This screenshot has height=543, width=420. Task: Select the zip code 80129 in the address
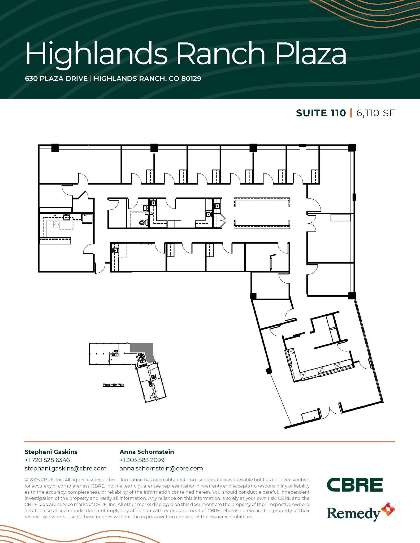[x=191, y=78]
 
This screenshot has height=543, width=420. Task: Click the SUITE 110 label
[x=321, y=113]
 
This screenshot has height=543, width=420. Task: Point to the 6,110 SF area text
[x=375, y=113]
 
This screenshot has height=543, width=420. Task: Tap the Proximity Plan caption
[x=114, y=385]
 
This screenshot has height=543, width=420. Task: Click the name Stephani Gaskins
[x=51, y=452]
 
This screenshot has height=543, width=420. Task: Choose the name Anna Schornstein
[x=147, y=452]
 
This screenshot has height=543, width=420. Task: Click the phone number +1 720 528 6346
[x=47, y=460]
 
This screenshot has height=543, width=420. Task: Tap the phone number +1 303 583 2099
[x=142, y=460]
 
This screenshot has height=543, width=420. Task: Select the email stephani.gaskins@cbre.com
[x=66, y=468]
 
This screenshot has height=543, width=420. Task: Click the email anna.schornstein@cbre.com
[x=161, y=468]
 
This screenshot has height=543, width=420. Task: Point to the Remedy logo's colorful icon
[x=388, y=509]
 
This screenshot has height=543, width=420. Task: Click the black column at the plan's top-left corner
[x=55, y=148]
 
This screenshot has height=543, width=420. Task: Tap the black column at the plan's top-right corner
[x=352, y=147]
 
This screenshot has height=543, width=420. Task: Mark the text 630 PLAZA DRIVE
[x=56, y=78]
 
